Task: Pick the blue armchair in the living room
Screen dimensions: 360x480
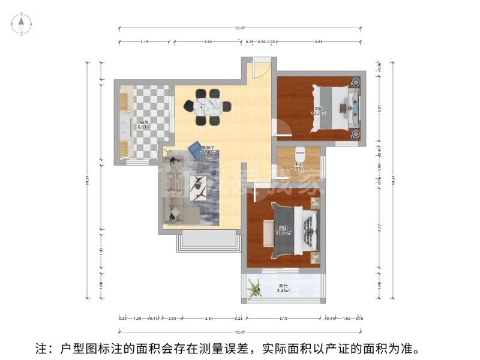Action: (x=194, y=148)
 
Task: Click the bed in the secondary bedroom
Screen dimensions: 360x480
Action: (x=333, y=108)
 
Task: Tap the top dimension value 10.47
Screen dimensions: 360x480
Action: (x=241, y=28)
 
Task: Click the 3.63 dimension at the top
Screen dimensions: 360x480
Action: (x=319, y=42)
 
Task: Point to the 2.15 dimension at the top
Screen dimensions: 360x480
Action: (x=144, y=42)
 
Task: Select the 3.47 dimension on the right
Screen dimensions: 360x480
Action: (x=379, y=229)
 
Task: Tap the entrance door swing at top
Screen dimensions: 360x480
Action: (x=259, y=67)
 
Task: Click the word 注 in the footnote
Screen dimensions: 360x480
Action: (x=42, y=349)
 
